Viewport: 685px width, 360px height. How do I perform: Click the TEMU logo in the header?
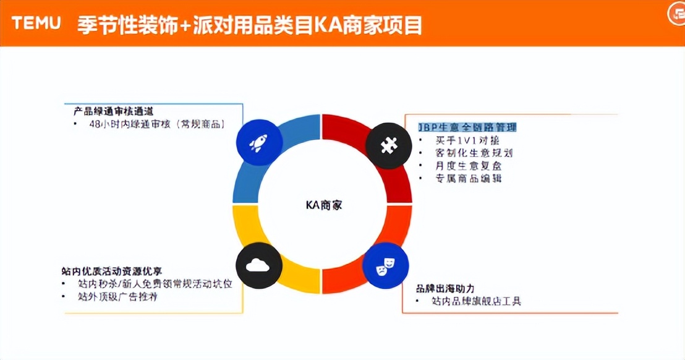(36, 24)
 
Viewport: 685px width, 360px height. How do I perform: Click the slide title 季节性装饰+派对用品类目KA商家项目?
(250, 25)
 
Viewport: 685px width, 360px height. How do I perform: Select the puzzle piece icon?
(388, 145)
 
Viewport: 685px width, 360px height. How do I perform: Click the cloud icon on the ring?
(258, 267)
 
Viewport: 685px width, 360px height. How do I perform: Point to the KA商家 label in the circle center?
(323, 205)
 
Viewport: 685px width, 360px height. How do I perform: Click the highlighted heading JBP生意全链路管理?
(467, 127)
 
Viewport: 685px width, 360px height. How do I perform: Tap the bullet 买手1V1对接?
(468, 140)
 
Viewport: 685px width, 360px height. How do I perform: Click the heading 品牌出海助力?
(446, 288)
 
